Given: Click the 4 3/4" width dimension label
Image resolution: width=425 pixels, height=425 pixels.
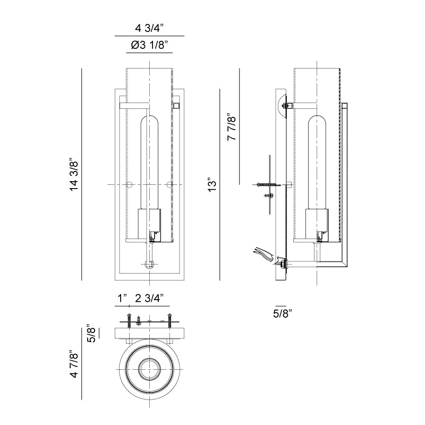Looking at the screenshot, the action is point(150,28).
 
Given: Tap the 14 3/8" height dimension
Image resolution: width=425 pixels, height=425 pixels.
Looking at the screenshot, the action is point(74,174).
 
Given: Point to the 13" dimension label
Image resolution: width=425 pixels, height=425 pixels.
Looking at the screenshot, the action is point(212,185).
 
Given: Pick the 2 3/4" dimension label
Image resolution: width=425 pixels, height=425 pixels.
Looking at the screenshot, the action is point(150,299).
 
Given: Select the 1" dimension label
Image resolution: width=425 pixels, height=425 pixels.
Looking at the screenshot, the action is point(122,299).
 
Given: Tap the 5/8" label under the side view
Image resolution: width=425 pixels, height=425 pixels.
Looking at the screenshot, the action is point(283,313).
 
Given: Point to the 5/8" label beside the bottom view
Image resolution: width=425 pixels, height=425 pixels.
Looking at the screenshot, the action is point(92,333).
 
